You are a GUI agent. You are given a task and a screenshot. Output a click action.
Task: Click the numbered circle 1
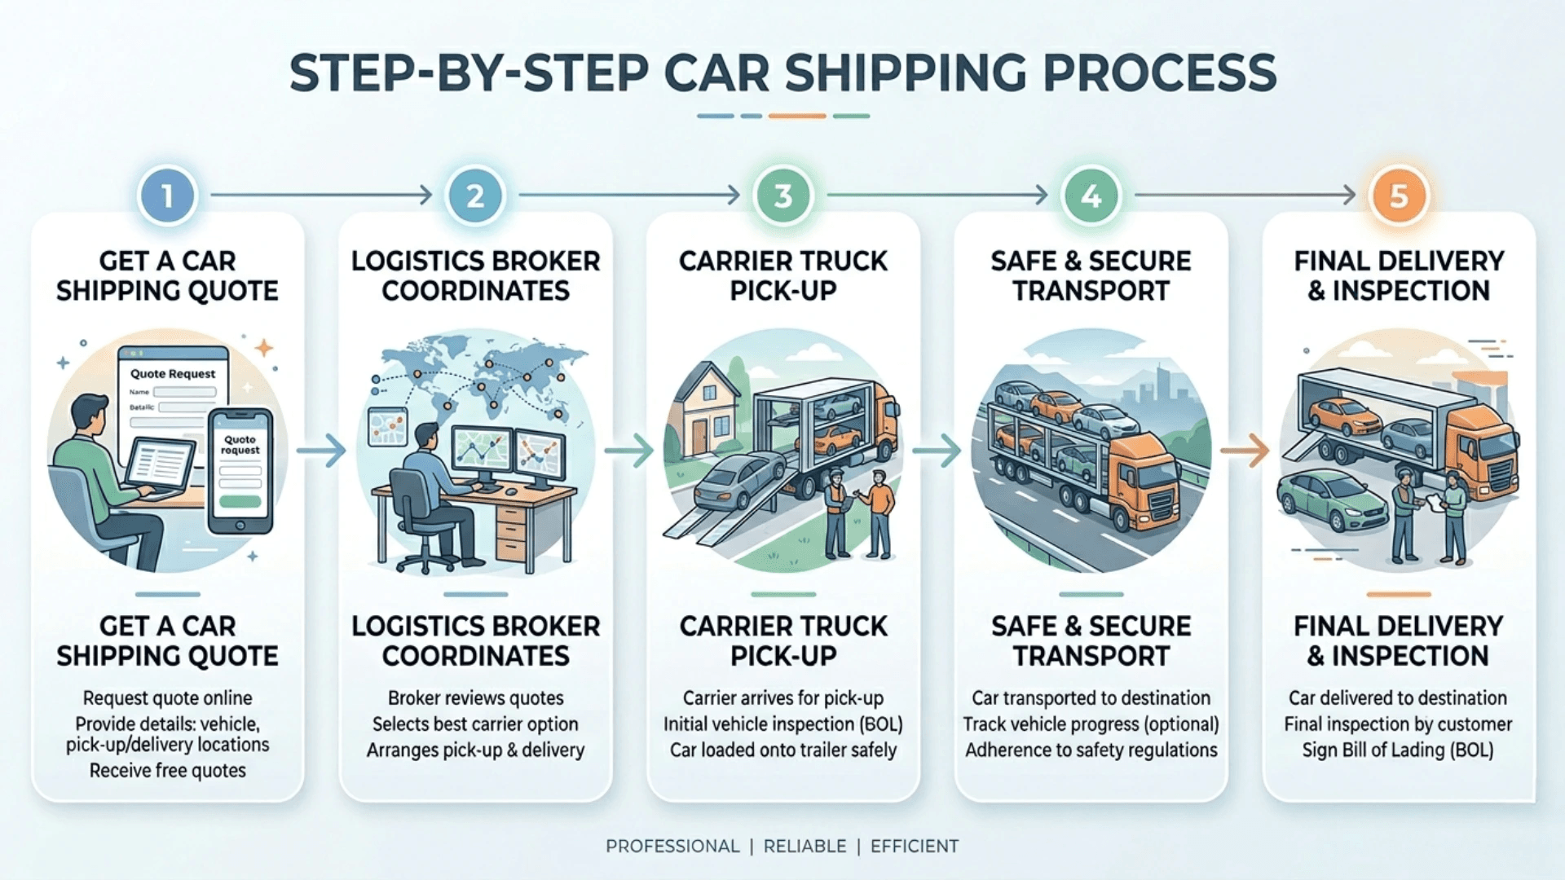(167, 196)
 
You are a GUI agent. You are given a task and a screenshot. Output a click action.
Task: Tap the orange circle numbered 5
(1399, 196)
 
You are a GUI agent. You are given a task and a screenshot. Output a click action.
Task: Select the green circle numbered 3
(782, 196)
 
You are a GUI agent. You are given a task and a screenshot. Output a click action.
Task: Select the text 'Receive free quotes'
(167, 771)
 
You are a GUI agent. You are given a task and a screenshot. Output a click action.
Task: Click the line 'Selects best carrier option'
(475, 724)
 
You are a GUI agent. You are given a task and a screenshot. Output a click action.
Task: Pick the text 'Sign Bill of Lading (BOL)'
(1398, 750)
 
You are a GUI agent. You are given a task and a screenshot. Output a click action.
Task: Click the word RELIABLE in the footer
(805, 847)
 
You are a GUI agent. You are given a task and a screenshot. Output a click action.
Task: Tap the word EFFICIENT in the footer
(914, 847)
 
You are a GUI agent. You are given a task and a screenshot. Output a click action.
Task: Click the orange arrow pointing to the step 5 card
(1245, 451)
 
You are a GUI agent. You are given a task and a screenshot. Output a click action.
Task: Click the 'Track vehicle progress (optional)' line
(1091, 724)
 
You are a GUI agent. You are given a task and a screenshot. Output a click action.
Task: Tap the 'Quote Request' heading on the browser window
(173, 374)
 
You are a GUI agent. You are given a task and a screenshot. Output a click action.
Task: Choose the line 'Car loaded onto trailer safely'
(782, 750)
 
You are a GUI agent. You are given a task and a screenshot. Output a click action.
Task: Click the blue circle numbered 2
(475, 196)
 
